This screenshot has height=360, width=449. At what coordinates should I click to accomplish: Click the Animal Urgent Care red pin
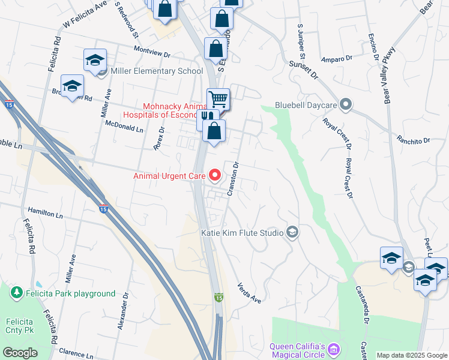[215, 176]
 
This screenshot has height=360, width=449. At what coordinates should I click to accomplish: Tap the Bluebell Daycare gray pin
[345, 105]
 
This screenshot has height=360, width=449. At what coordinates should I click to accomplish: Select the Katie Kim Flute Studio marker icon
[292, 232]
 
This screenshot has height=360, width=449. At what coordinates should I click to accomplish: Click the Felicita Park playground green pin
[16, 293]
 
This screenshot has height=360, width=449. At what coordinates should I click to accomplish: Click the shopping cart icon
[218, 99]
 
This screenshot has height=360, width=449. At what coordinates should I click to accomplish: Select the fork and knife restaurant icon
[205, 118]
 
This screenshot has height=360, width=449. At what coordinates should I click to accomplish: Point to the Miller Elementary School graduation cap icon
[95, 60]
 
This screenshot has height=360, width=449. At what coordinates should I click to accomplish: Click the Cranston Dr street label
[234, 179]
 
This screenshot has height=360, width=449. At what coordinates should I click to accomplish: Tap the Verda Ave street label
[249, 293]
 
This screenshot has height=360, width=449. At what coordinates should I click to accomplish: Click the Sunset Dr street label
[303, 70]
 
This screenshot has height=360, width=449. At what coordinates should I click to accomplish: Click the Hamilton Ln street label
[45, 212]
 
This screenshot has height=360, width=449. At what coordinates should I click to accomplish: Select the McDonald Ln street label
[124, 128]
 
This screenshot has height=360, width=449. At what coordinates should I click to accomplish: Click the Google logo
[20, 353]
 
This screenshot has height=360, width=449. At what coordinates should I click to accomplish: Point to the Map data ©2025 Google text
[411, 355]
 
